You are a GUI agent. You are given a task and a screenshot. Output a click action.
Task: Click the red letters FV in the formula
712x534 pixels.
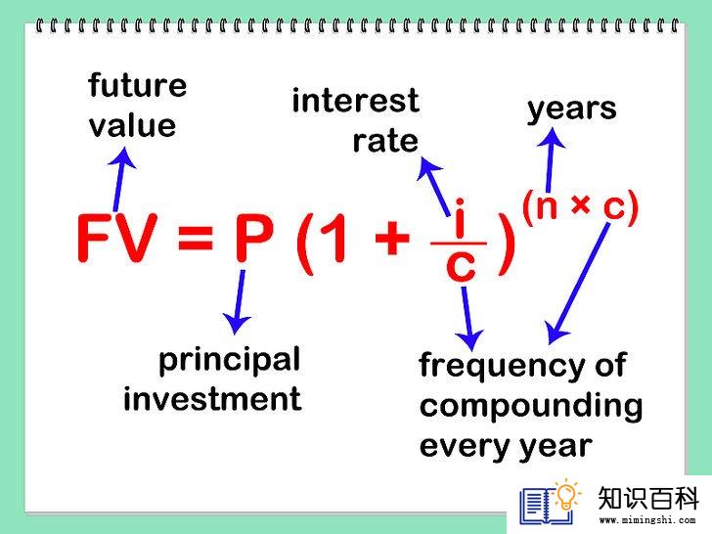pyautogui.click(x=117, y=237)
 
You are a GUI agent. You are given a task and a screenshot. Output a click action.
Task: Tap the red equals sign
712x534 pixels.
pyautogui.click(x=196, y=238)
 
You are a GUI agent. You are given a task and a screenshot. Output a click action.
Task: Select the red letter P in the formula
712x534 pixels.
pyautogui.click(x=254, y=237)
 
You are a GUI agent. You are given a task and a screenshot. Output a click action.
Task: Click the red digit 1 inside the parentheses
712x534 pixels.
pyautogui.click(x=334, y=238)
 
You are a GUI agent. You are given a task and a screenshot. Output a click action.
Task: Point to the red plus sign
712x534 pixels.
pyautogui.click(x=392, y=238)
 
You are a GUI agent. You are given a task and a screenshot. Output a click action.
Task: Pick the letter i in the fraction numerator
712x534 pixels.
pyautogui.click(x=460, y=218)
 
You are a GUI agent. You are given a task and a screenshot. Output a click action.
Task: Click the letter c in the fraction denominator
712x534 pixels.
pyautogui.click(x=461, y=266)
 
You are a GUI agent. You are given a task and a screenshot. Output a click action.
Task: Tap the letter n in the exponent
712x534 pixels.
pyautogui.click(x=546, y=206)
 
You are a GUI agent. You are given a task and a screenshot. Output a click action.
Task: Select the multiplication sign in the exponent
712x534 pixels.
pyautogui.click(x=581, y=204)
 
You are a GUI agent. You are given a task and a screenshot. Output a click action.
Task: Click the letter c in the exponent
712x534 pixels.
pyautogui.click(x=615, y=207)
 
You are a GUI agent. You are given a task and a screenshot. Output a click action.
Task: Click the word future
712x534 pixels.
pyautogui.click(x=138, y=85)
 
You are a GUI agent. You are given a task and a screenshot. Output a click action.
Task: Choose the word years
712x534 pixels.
pyautogui.click(x=572, y=110)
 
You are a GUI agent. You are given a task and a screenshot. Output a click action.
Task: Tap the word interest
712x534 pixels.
pyautogui.click(x=356, y=101)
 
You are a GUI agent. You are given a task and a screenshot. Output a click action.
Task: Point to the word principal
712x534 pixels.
pyautogui.click(x=229, y=361)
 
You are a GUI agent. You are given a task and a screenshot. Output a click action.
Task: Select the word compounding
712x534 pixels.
pyautogui.click(x=531, y=407)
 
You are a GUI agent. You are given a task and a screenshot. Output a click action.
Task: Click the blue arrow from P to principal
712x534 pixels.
pyautogui.click(x=238, y=302)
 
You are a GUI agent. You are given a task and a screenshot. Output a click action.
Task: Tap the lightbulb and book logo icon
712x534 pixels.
pyautogui.click(x=550, y=502)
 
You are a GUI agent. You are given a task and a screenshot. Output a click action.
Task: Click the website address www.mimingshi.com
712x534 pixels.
pyautogui.click(x=647, y=520)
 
